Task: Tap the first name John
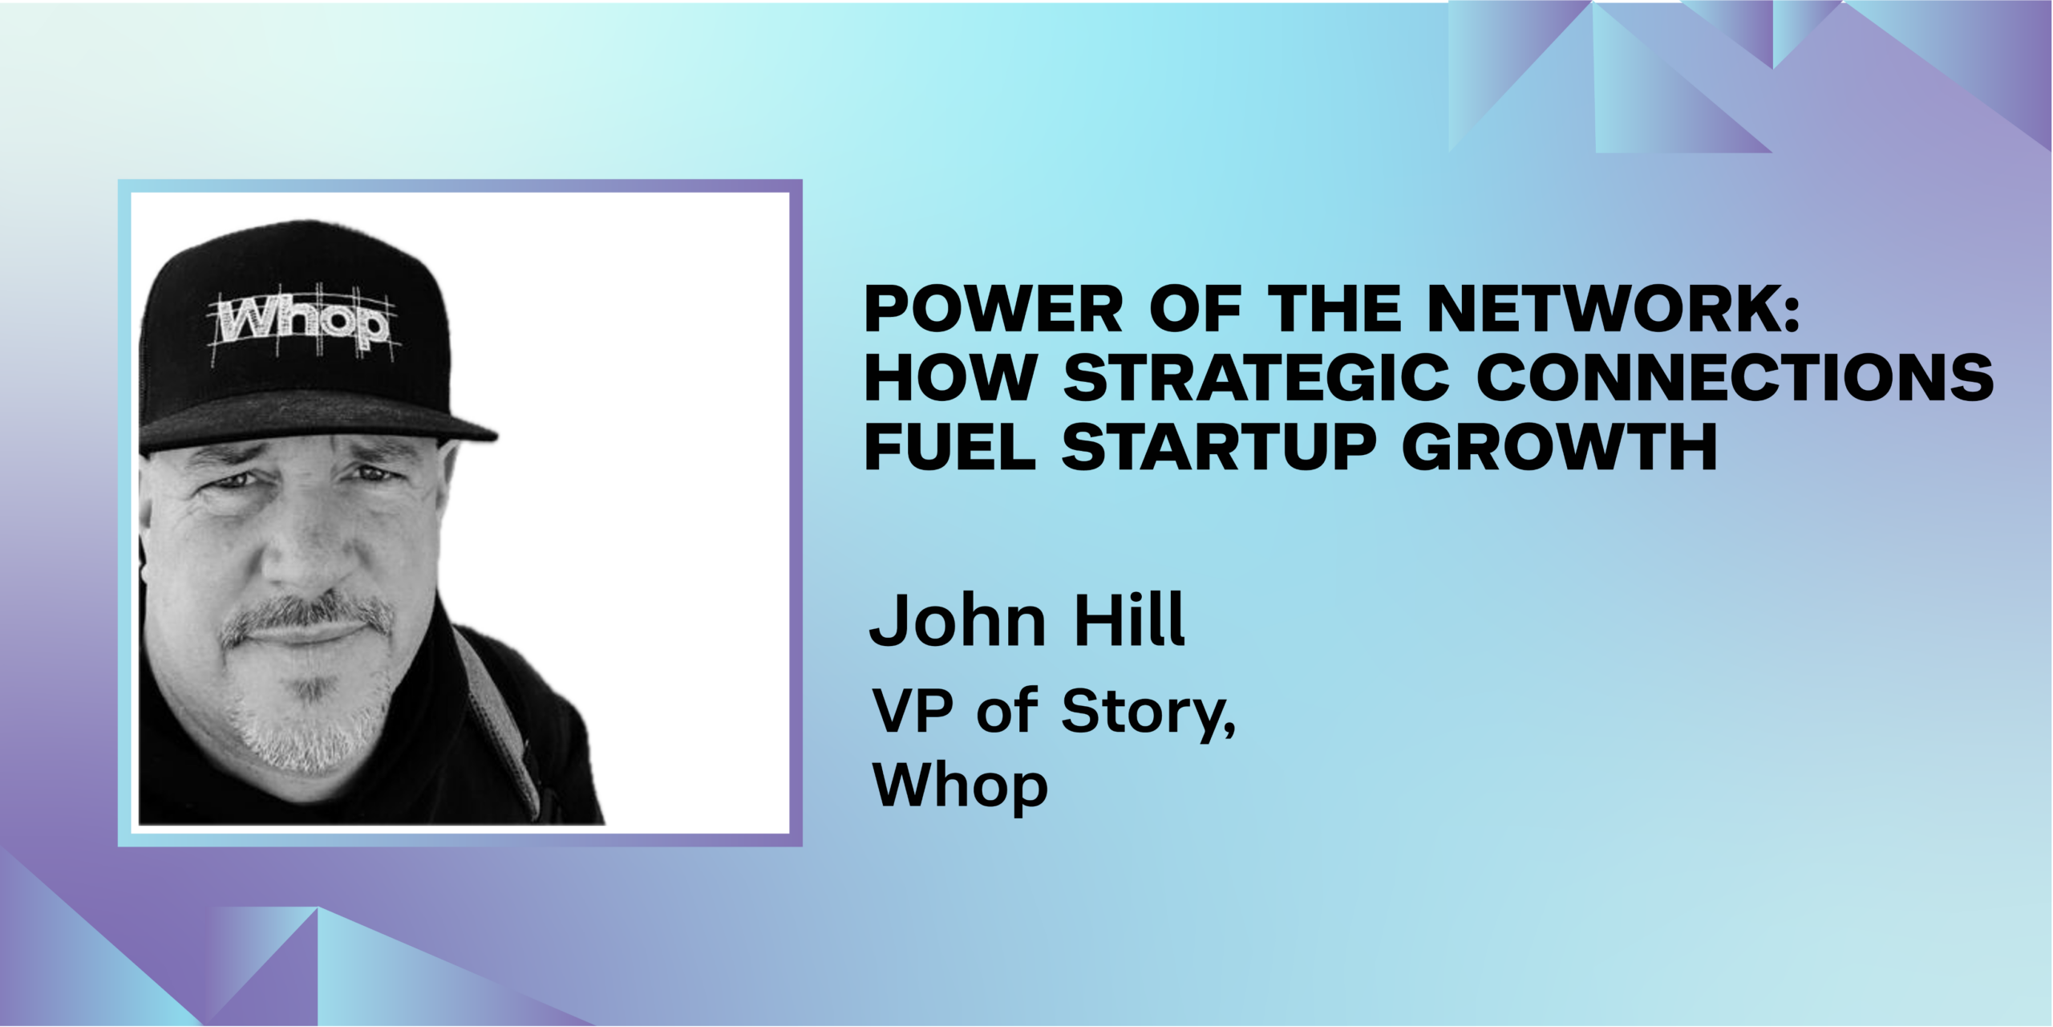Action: (x=958, y=620)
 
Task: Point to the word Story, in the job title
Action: (x=1148, y=713)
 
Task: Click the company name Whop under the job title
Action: (x=960, y=787)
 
